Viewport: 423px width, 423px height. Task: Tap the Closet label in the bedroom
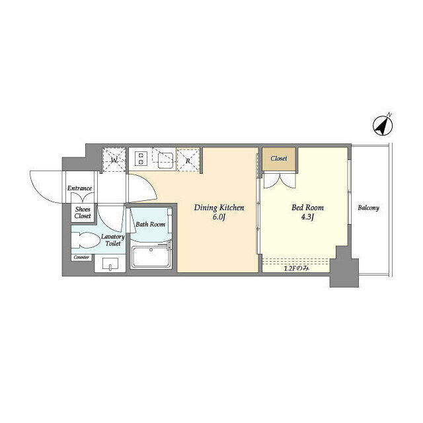tap(278, 159)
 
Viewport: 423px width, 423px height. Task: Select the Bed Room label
tap(307, 208)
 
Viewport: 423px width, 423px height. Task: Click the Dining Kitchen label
tap(219, 208)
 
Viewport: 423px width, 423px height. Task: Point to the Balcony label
tap(368, 208)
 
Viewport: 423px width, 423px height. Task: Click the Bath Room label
tap(150, 224)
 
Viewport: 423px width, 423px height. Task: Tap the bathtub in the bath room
tap(151, 257)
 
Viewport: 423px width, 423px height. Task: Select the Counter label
tap(81, 257)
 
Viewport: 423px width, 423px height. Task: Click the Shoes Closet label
tap(83, 212)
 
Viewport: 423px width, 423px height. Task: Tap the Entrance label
tap(80, 188)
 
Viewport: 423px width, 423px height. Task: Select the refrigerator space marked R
tap(188, 160)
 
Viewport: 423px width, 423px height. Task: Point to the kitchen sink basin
tap(164, 159)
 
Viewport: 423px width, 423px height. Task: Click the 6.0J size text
tap(219, 217)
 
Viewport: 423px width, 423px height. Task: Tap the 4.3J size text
tap(307, 217)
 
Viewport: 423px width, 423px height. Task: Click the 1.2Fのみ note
tap(296, 268)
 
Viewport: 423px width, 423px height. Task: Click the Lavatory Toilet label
tap(112, 240)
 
